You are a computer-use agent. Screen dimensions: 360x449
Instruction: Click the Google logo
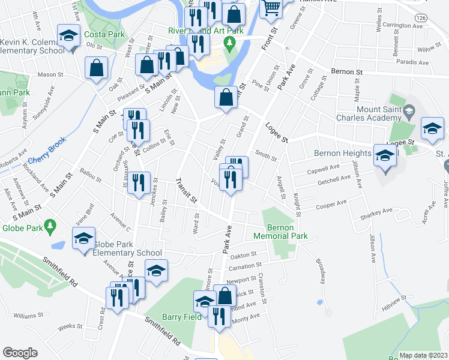click(x=20, y=353)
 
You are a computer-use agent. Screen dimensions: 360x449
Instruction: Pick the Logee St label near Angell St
click(x=277, y=133)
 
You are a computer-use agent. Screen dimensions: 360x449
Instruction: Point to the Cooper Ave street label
click(x=331, y=205)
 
